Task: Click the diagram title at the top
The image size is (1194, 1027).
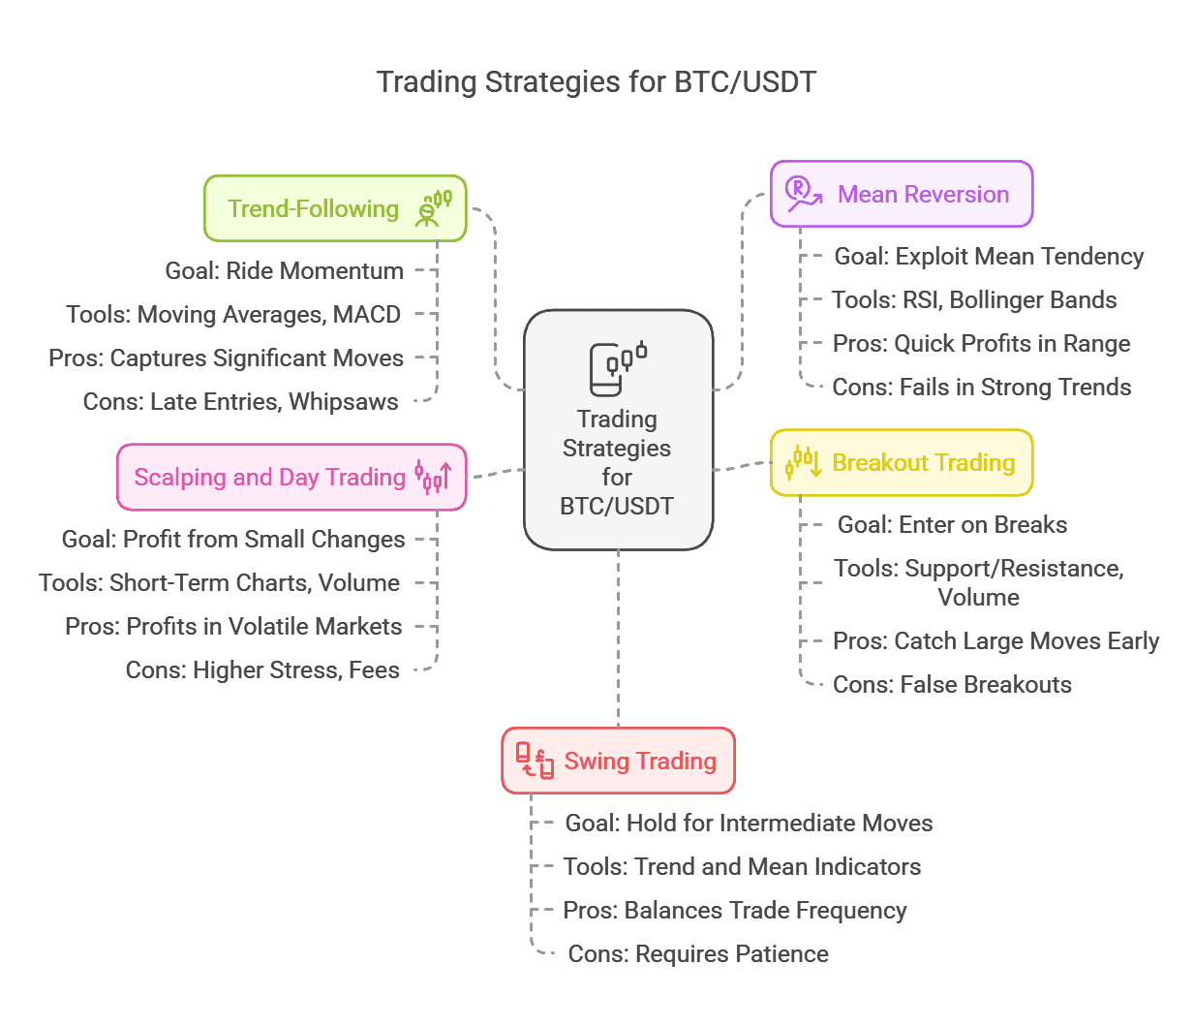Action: [x=597, y=82]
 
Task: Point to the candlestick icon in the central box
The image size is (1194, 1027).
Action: [x=618, y=368]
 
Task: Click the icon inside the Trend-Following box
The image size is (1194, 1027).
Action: [x=434, y=208]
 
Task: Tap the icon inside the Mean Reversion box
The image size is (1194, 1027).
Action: [x=803, y=194]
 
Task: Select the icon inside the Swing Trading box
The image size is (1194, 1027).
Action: [x=535, y=761]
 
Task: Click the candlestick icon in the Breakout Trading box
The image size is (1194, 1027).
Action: [x=804, y=462]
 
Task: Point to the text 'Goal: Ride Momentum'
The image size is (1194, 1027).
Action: [x=285, y=271]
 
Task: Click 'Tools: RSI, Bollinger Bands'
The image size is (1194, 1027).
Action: [x=974, y=300]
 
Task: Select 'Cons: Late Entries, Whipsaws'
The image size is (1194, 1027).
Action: [x=241, y=402]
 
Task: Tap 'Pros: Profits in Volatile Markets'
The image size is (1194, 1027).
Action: [x=233, y=627]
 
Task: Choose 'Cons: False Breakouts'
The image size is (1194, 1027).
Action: [x=952, y=685]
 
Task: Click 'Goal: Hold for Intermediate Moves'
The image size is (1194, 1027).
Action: [x=749, y=824]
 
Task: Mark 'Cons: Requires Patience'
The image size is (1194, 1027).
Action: [x=698, y=954]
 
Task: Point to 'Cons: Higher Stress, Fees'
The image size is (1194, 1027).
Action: [x=262, y=670]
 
